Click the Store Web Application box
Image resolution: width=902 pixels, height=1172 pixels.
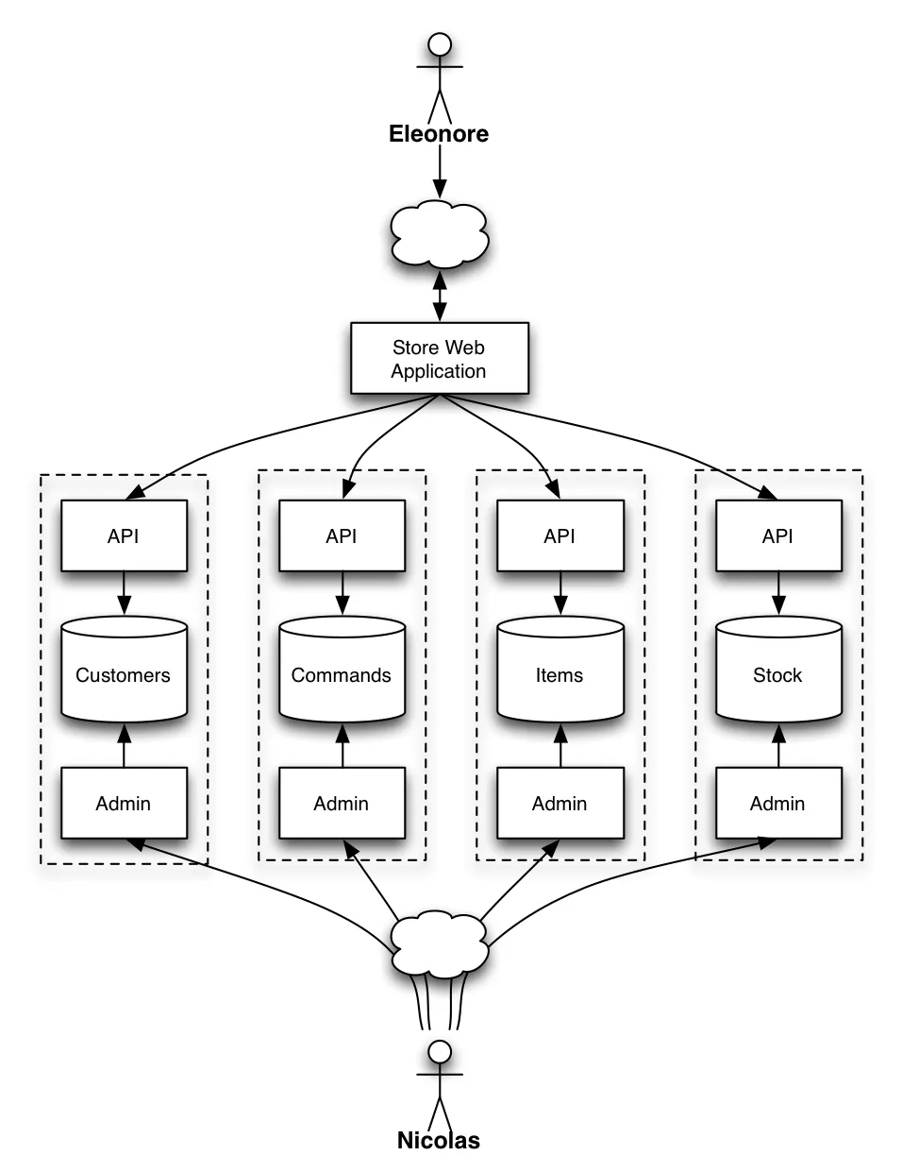click(x=439, y=359)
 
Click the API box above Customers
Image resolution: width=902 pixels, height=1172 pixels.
click(x=124, y=535)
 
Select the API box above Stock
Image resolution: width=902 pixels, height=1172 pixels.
click(x=777, y=535)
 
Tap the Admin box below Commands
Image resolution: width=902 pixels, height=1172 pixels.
click(x=342, y=803)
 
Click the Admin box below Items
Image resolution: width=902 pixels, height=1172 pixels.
click(x=560, y=803)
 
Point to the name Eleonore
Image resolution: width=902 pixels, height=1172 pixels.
click(x=439, y=134)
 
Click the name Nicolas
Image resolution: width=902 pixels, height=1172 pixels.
click(x=439, y=1141)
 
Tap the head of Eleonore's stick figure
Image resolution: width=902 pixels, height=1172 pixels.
click(x=439, y=44)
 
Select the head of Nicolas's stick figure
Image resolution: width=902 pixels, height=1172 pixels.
click(x=439, y=1051)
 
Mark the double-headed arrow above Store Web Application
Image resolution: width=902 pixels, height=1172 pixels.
click(x=439, y=297)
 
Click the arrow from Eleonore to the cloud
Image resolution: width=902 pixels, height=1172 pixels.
click(x=439, y=173)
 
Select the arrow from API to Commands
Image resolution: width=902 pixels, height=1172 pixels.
click(x=342, y=594)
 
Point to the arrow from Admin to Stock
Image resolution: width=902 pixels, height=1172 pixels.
click(x=777, y=746)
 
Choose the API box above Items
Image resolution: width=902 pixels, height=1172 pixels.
click(x=560, y=535)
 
